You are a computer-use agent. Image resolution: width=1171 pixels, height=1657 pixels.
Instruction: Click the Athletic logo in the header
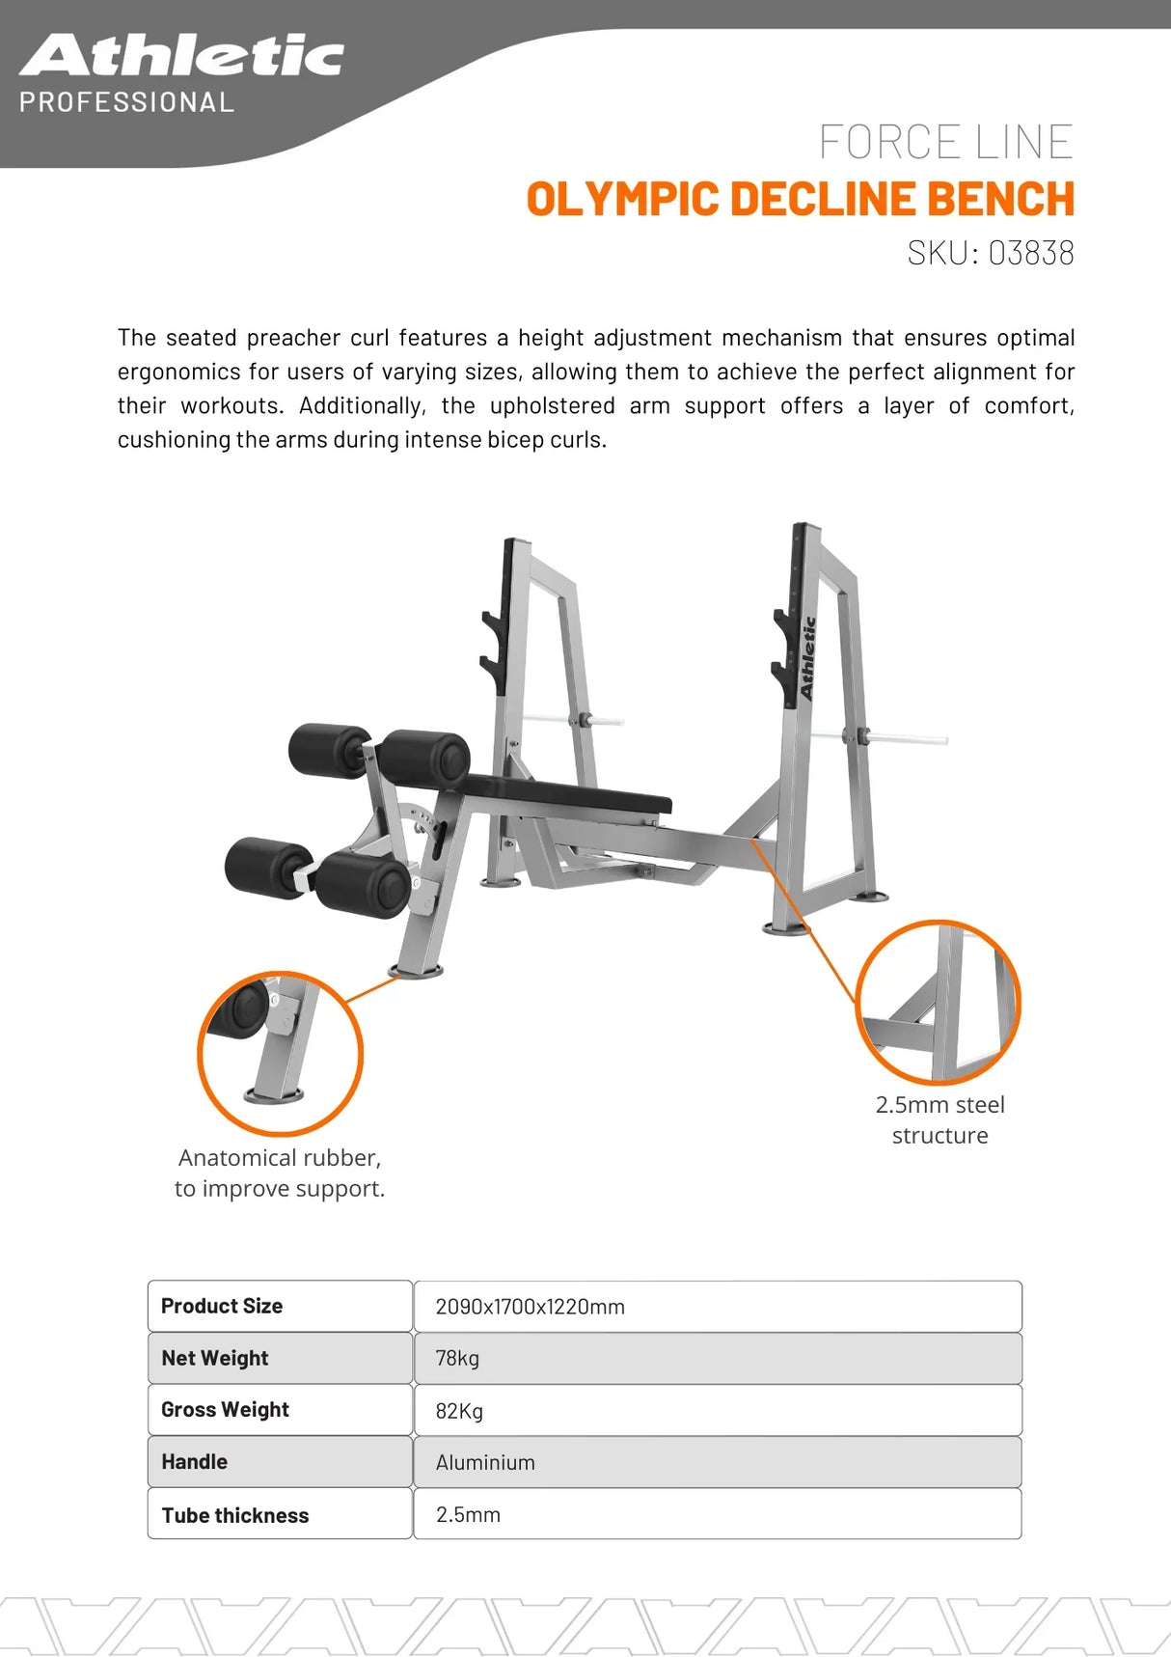point(181,56)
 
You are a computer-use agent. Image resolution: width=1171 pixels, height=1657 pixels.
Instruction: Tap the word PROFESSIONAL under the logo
point(126,102)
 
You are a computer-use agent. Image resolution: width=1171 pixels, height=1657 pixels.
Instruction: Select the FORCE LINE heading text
point(945,142)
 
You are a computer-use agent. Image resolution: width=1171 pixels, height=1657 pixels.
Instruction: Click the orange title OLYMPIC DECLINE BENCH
point(800,199)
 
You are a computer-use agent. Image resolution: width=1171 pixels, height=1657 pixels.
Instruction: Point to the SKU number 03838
point(1030,253)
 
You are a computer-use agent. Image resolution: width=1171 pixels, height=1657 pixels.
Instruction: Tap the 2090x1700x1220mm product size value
point(530,1307)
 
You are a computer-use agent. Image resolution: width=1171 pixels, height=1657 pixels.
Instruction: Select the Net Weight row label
point(214,1358)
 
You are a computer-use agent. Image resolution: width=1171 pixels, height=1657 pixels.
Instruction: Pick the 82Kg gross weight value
point(459,1411)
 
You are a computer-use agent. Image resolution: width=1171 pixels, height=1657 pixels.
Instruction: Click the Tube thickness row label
point(234,1515)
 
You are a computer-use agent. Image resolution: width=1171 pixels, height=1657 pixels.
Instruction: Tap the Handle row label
point(194,1462)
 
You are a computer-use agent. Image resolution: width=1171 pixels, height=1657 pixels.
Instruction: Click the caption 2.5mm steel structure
point(940,1119)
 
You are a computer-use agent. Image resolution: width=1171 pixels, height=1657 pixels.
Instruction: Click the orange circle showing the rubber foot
point(280,1053)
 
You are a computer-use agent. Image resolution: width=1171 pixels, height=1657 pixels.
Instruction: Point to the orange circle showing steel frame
point(938,1002)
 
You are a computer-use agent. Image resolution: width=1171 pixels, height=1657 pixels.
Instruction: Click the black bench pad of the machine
point(569,794)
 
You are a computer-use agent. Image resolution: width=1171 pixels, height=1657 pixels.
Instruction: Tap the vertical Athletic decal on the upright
point(807,657)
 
